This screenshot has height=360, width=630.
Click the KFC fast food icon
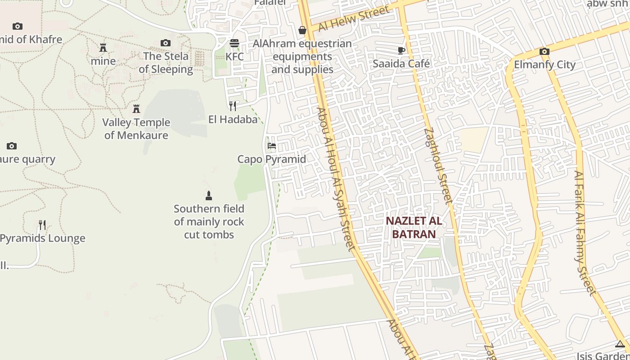[x=234, y=43]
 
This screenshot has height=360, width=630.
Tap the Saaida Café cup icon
[x=401, y=50]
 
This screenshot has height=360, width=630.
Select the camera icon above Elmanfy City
[x=544, y=51]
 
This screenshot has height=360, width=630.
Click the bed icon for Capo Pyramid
[x=272, y=146]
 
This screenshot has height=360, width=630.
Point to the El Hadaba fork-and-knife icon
[x=233, y=106]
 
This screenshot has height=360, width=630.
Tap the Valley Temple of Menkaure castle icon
[x=136, y=108]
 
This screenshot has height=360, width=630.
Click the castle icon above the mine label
[x=103, y=47]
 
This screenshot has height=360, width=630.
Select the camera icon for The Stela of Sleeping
[x=166, y=43]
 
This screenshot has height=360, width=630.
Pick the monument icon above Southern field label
[x=208, y=196]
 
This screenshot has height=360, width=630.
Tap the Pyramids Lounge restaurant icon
[x=42, y=225]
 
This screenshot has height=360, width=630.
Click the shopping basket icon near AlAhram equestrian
[x=302, y=30]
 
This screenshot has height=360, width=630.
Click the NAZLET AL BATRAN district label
[x=414, y=228]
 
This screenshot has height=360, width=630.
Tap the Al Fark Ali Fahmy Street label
[x=585, y=233]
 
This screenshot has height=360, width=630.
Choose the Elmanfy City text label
[x=545, y=64]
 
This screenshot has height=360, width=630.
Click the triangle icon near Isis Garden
[x=620, y=345]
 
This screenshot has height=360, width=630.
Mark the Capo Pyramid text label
[x=272, y=159]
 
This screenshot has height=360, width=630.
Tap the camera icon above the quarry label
[x=12, y=146]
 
